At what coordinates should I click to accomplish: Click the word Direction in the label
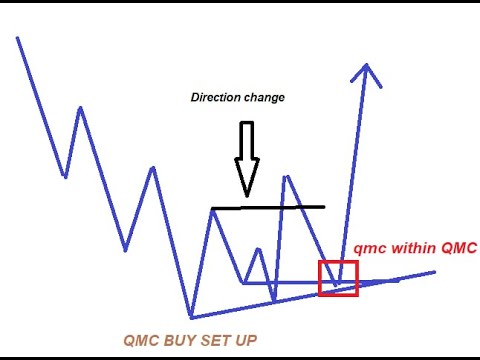point(215,98)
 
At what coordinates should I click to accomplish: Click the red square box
point(337,277)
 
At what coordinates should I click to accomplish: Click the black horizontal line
point(268,208)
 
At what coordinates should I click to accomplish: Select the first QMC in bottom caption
point(141,341)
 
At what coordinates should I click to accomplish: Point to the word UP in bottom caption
point(245,341)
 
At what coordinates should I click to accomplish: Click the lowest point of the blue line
point(190,318)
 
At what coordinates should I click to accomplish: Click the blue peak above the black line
point(287,177)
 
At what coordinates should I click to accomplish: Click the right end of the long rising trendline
point(434,271)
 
